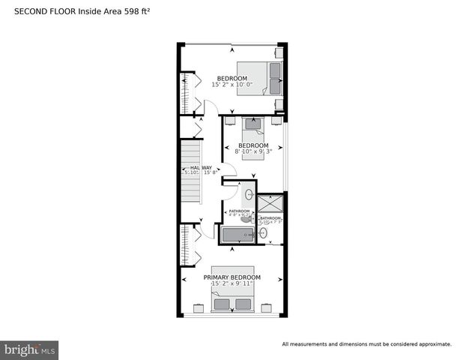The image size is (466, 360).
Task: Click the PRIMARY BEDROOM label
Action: (x=232, y=277)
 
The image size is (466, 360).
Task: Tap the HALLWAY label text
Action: (x=200, y=167)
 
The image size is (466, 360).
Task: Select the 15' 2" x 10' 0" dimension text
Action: (x=232, y=85)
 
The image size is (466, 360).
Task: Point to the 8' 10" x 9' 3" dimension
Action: (x=252, y=151)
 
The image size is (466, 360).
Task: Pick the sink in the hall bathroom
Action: (x=249, y=193)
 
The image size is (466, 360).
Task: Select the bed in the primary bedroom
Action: (x=232, y=300)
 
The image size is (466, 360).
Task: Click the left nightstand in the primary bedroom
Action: (x=199, y=307)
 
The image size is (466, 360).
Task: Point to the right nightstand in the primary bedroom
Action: (x=267, y=307)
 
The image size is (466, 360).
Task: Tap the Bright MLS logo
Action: (x=30, y=349)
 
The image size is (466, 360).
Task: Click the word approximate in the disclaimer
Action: (x=433, y=344)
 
